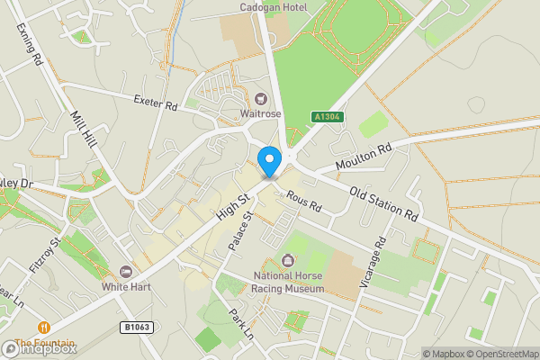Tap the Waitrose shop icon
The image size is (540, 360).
260,98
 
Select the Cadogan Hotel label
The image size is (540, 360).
274,8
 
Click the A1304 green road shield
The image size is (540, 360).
327,117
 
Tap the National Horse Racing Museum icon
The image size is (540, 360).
287,261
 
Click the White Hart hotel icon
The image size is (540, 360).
125,271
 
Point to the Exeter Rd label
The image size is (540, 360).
156,103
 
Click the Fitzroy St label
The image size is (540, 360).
46,254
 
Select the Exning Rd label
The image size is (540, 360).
30,45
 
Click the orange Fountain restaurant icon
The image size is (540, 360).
42,328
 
